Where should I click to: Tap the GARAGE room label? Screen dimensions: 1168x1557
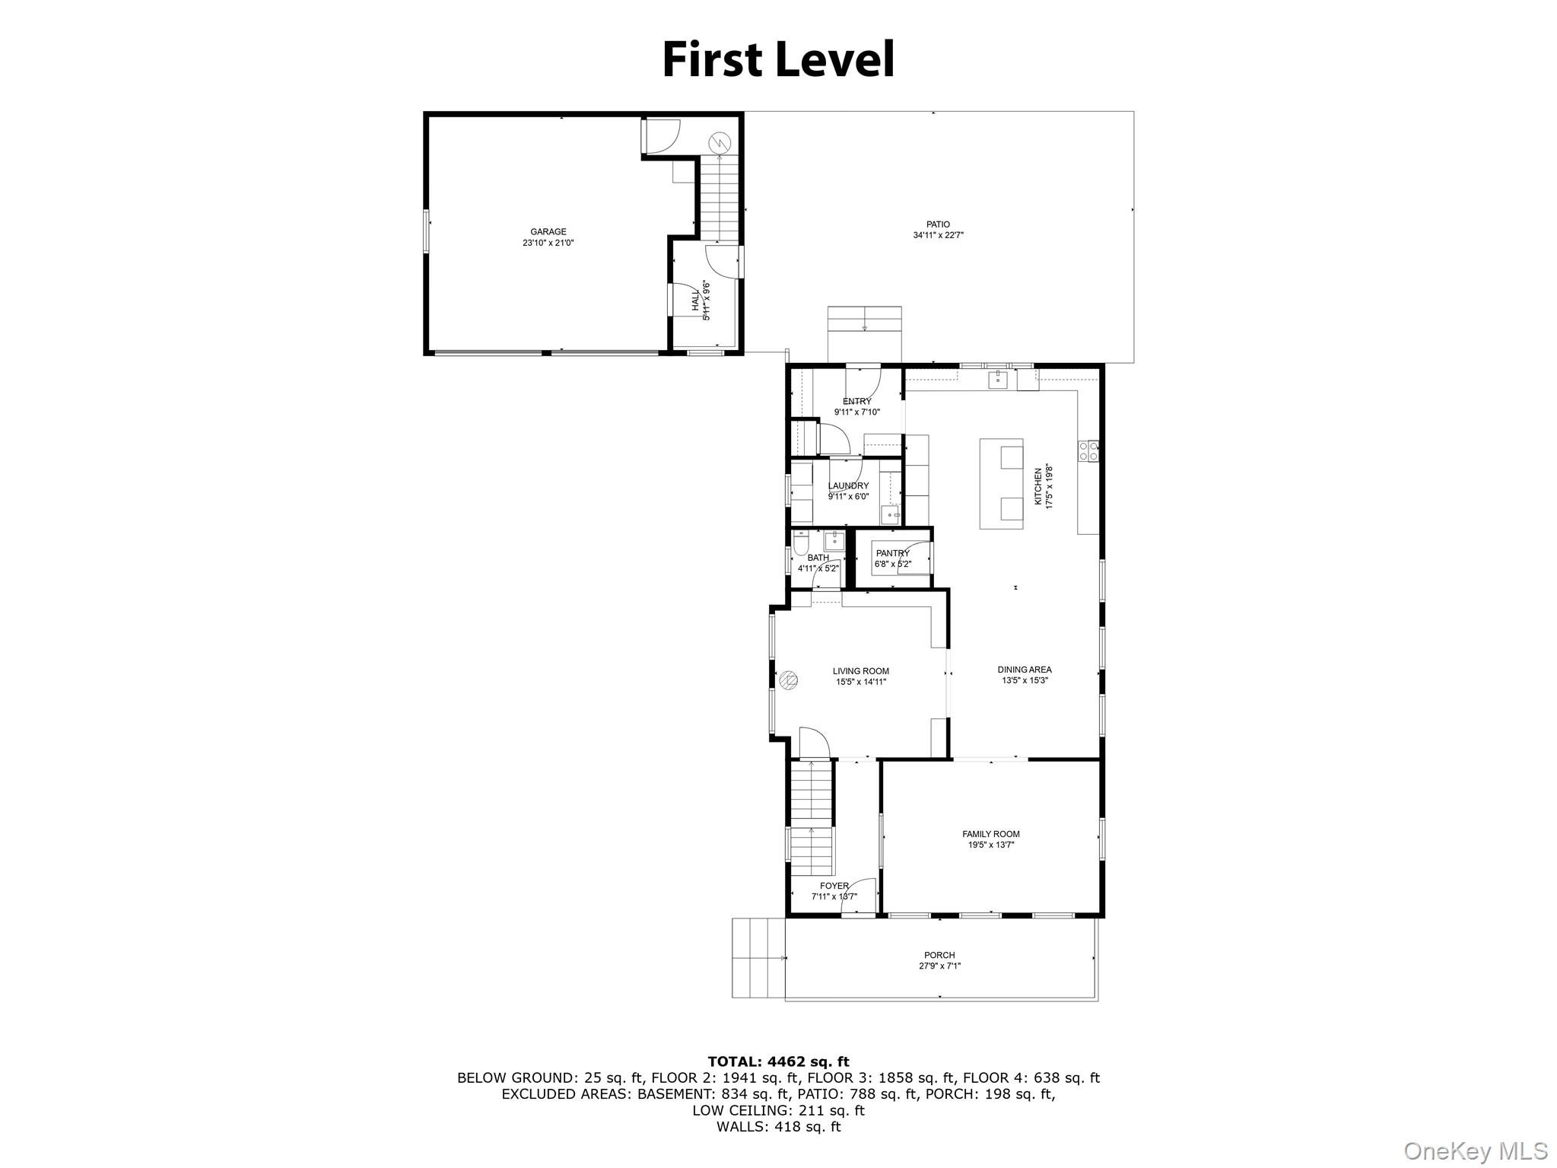pos(548,232)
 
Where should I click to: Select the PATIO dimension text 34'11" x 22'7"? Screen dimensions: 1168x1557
pos(938,236)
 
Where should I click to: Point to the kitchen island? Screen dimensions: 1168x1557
pos(1001,483)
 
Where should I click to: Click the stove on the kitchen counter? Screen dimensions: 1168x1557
pos(1087,450)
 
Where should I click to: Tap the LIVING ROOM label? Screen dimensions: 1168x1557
pos(860,671)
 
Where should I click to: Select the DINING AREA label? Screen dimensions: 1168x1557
pos(1024,670)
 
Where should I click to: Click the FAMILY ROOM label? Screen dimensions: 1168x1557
pos(990,834)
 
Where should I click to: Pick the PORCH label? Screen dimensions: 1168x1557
pos(939,955)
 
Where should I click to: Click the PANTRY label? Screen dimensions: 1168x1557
pos(892,553)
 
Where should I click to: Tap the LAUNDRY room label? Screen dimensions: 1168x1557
pos(848,485)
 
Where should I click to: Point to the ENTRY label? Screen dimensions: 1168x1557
pos(856,402)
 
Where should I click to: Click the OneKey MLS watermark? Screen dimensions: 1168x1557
pos(1475,1150)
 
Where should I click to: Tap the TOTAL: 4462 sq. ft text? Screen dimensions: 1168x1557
pos(778,1061)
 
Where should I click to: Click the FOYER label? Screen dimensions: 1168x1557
pos(834,886)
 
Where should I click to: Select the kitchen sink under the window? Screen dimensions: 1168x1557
pos(997,380)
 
